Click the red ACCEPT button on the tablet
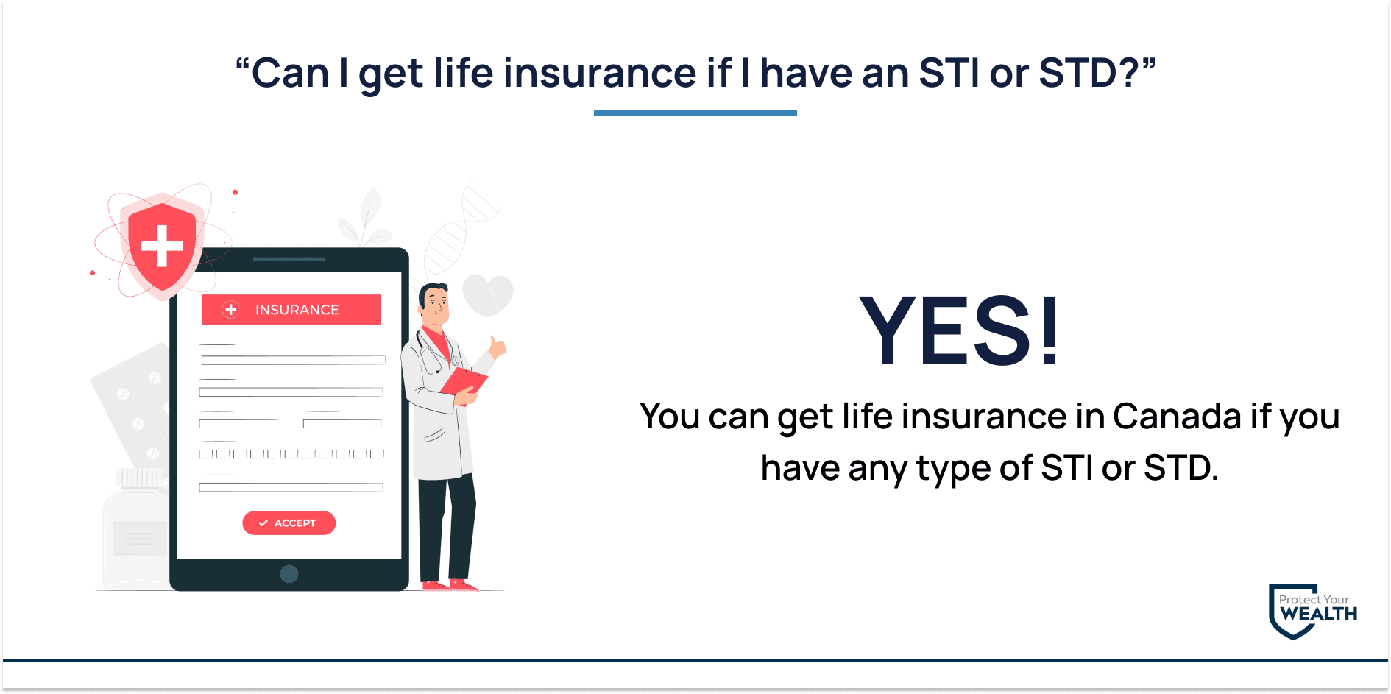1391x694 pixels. coord(289,523)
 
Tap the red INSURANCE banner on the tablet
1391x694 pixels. coord(291,309)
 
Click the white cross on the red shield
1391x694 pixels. coord(162,245)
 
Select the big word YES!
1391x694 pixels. coord(960,330)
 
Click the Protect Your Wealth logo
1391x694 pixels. coord(1313,612)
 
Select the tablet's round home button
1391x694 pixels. coord(289,574)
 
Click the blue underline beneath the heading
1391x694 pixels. coord(695,113)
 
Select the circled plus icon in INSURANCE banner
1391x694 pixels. coord(231,310)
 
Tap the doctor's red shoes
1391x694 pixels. coord(450,585)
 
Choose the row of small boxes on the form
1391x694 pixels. coord(291,454)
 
